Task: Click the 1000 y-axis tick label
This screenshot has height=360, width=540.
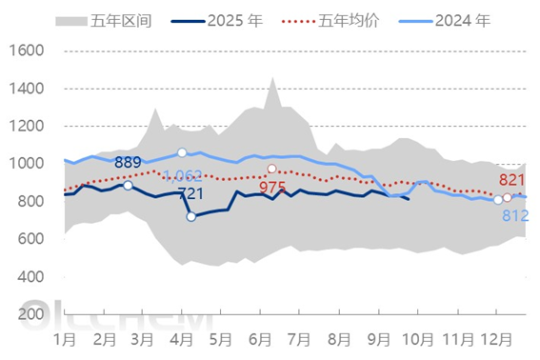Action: point(26,164)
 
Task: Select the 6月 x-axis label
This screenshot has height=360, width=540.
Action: point(260,339)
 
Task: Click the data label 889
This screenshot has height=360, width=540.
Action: point(129,162)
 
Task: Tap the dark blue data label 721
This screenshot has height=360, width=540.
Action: point(190,194)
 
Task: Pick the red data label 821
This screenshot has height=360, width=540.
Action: point(512,181)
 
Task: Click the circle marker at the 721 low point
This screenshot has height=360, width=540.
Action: point(191,217)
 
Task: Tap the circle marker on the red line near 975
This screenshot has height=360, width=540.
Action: point(272,169)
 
